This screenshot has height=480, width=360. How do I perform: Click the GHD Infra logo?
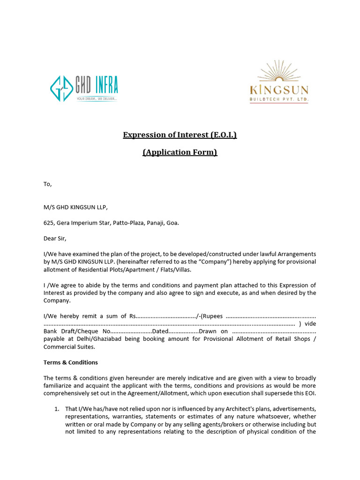point(84,89)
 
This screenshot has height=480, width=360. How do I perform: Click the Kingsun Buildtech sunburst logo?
point(278,82)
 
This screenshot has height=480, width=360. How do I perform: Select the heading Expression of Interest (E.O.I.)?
point(180,135)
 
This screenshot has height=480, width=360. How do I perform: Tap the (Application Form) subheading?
point(180,152)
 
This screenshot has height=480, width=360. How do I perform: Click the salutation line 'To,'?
point(47,184)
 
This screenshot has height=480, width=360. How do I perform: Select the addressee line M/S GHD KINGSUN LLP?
point(78,207)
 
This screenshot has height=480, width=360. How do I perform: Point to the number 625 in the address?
point(49,223)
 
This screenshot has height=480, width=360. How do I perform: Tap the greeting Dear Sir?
point(56,238)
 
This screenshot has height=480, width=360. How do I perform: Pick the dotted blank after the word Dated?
point(184,331)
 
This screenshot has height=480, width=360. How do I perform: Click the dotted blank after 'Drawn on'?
point(274,331)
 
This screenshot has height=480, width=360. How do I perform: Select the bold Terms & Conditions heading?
point(71,362)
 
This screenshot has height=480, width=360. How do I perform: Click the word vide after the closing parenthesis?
point(310,324)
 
